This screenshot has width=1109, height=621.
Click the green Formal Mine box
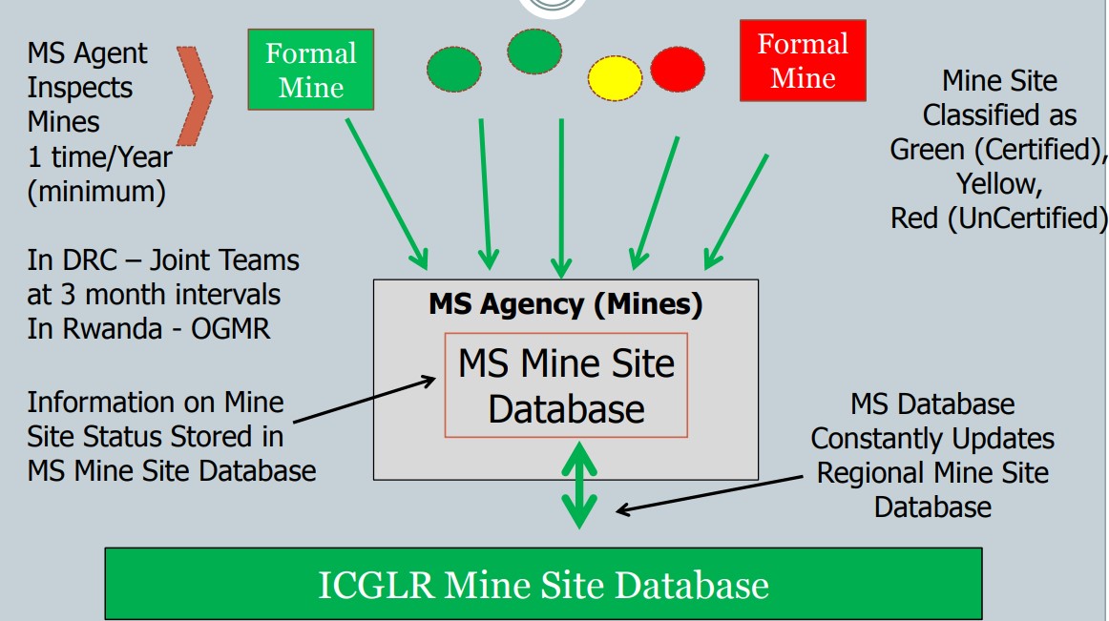(310, 70)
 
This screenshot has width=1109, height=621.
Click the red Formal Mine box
(803, 60)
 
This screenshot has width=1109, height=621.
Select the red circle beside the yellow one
(678, 70)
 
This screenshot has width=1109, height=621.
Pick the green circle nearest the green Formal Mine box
(453, 68)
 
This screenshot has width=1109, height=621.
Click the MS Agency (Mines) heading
(565, 304)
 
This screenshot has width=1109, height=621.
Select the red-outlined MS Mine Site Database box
(566, 385)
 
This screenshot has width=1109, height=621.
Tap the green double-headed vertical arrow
(577, 484)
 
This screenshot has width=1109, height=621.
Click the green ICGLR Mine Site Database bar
(543, 584)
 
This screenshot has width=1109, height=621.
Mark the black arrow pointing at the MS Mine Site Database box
(364, 399)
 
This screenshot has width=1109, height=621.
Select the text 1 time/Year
(98, 156)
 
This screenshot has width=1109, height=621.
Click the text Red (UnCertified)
(997, 217)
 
